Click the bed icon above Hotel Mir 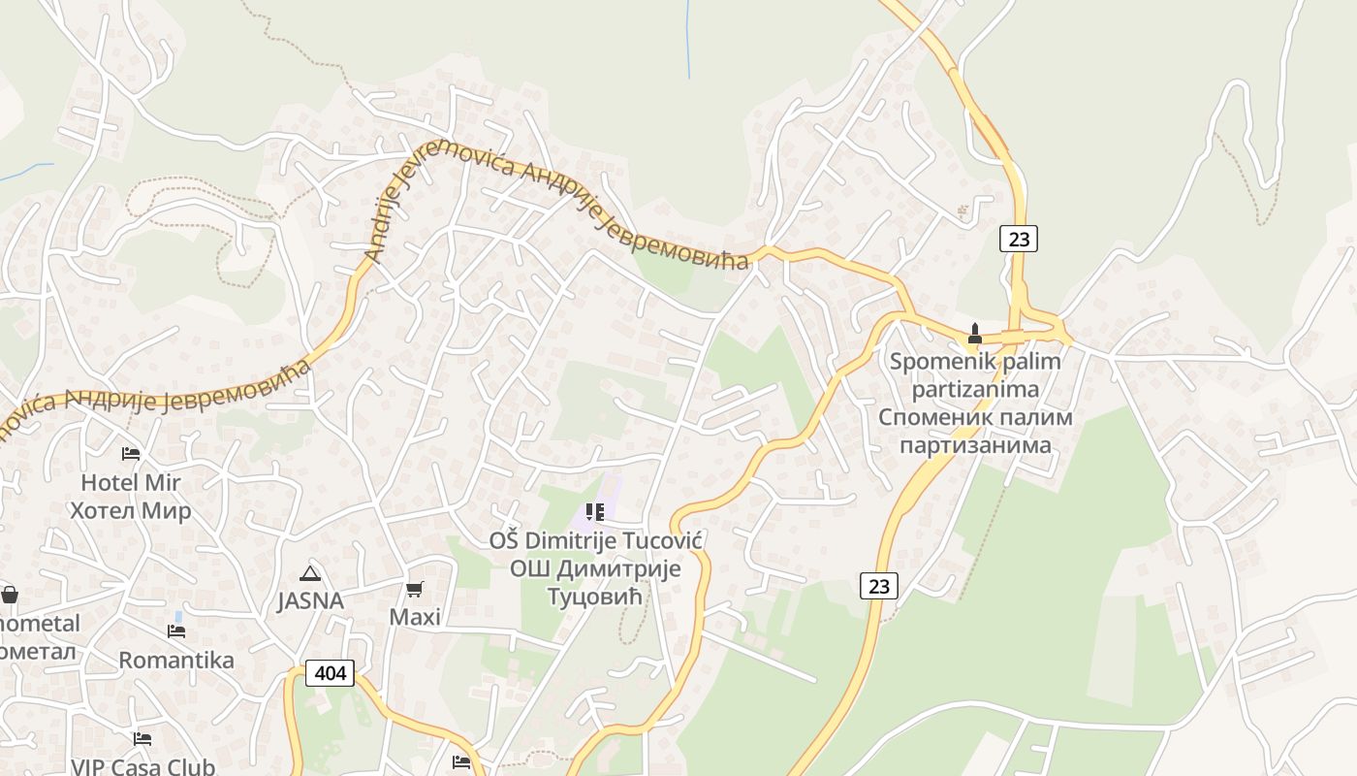[x=131, y=453]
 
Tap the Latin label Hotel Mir [x=131, y=482]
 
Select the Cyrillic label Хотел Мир [x=131, y=510]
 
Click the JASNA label [x=310, y=601]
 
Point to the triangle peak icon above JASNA [x=310, y=573]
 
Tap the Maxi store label [x=415, y=617]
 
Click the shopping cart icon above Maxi [x=415, y=589]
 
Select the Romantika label [x=176, y=661]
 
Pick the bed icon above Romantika [x=176, y=631]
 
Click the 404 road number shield [x=330, y=672]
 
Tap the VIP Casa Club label [x=142, y=766]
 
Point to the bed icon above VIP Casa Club [x=142, y=739]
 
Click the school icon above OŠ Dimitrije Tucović [x=594, y=511]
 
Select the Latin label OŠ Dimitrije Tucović [x=596, y=541]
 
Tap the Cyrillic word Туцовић [x=596, y=596]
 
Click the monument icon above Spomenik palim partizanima [x=975, y=335]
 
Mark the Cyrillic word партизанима [x=975, y=445]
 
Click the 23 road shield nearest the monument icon [x=1018, y=238]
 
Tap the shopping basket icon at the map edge [x=9, y=594]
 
